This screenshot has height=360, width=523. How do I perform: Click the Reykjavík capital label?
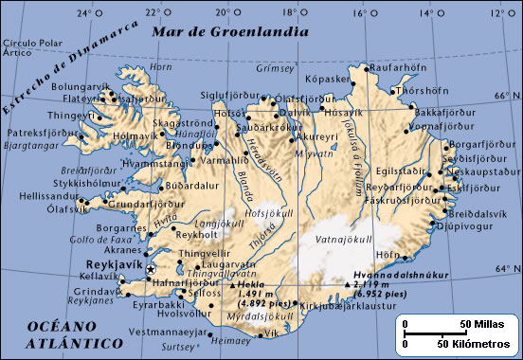point(113,257)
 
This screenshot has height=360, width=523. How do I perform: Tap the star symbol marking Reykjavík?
point(151,270)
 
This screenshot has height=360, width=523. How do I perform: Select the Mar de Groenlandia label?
point(231,30)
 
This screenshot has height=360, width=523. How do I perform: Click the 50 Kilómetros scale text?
point(474,342)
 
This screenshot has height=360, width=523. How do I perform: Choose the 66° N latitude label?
point(503,95)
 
